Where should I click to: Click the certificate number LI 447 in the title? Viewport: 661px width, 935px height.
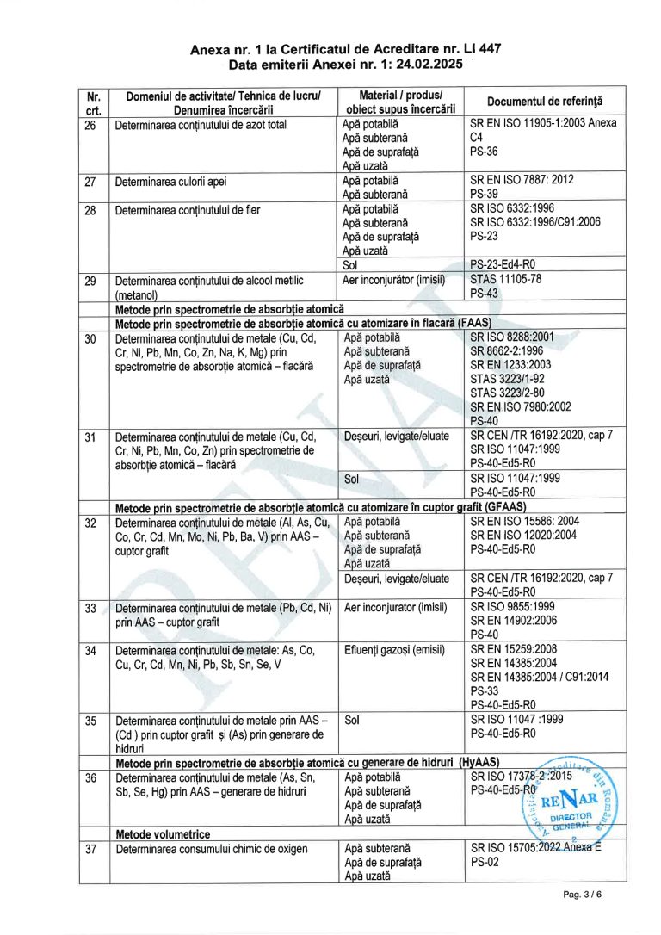(x=481, y=50)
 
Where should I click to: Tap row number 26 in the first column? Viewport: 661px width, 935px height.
(x=90, y=124)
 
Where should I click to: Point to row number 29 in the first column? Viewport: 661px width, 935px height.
(x=90, y=281)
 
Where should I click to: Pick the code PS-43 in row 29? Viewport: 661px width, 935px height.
(x=485, y=294)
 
